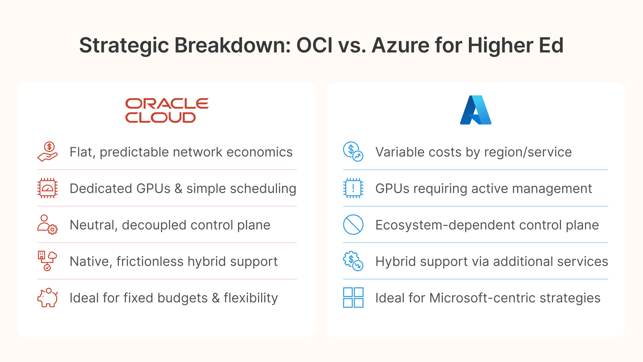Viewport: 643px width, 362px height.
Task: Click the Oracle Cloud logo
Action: [x=167, y=110]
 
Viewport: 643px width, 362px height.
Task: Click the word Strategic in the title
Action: [x=124, y=45]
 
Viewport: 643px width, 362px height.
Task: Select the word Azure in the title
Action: [x=401, y=45]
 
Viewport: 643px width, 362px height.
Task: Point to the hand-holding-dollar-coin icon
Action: [x=48, y=152]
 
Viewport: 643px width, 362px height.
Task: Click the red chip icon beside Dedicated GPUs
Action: [x=48, y=188]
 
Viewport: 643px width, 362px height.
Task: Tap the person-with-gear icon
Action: [x=48, y=225]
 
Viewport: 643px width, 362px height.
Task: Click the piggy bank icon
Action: [x=48, y=298]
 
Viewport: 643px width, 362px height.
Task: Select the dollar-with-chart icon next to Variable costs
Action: [x=353, y=152]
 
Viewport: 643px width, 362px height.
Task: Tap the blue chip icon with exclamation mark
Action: [x=353, y=188]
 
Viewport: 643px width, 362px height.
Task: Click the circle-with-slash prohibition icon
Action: [x=353, y=225]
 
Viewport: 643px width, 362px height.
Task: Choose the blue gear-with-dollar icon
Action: [x=353, y=261]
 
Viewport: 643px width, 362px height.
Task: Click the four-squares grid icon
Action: [x=353, y=298]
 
